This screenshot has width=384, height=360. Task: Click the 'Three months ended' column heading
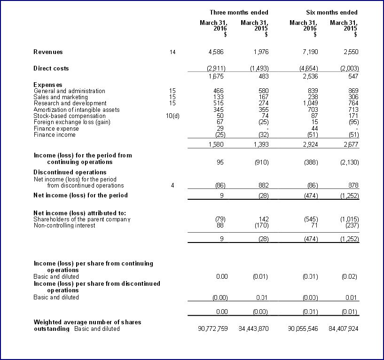239,12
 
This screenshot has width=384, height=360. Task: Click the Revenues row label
48,52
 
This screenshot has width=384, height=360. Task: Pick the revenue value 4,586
216,52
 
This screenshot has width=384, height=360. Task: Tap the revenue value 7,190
310,52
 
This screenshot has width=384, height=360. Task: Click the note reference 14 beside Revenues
172,52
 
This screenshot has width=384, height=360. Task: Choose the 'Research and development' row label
70,103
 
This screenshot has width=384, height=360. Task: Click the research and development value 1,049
310,103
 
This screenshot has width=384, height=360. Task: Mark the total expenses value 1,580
216,145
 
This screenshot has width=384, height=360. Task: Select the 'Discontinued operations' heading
70,172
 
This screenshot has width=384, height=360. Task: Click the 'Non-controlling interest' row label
64,226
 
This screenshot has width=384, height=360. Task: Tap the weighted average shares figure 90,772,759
212,329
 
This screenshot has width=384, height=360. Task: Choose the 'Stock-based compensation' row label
70,116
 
